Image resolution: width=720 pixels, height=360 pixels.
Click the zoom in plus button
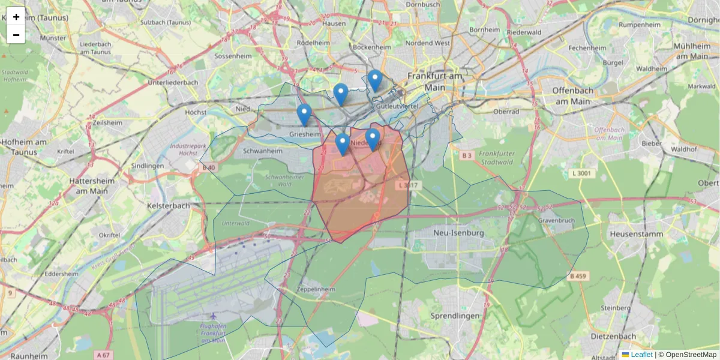(16, 17)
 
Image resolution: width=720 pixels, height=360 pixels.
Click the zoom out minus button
(16, 35)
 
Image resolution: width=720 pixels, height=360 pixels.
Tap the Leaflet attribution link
(641, 355)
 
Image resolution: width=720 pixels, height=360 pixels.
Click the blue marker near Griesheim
(304, 114)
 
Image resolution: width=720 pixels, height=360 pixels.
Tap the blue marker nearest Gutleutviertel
(375, 80)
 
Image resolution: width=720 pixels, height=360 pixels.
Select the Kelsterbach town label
(168, 205)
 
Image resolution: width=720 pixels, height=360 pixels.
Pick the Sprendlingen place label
(455, 316)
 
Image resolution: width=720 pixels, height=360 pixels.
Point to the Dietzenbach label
(614, 337)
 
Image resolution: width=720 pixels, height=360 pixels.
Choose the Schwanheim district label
(262, 151)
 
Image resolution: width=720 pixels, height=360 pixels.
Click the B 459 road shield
(578, 276)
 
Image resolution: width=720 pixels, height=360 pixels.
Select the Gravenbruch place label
(557, 220)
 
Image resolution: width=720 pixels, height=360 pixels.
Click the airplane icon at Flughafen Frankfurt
(212, 316)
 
